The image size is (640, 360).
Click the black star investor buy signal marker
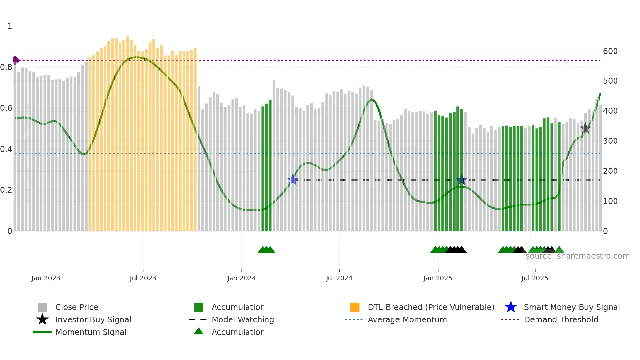point(585,128)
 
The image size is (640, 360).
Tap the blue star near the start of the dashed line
point(293,180)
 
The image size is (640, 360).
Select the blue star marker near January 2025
point(461,180)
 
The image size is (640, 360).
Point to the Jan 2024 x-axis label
point(241,278)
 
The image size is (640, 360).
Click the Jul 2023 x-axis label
point(143,278)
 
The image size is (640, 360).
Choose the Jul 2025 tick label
point(535,278)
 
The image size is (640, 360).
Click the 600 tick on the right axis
point(610,51)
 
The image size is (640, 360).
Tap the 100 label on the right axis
point(610,201)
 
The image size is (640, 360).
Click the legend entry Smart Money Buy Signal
point(571,307)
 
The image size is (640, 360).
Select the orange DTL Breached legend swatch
point(355,307)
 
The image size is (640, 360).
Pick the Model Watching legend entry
point(242,319)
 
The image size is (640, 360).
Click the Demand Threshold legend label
point(561,319)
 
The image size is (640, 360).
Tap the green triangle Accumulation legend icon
point(199,332)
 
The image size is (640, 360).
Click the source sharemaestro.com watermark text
point(577,256)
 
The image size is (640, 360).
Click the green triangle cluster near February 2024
point(266,250)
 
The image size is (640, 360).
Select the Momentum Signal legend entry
point(90,332)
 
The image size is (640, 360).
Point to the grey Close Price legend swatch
point(42,307)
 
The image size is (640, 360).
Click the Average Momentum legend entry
point(407,319)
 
